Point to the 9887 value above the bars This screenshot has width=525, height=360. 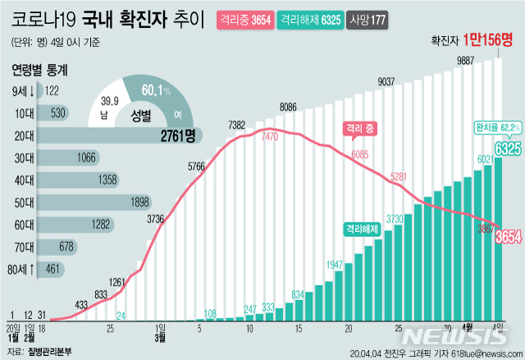click(x=468, y=61)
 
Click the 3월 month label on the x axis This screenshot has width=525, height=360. click(x=160, y=335)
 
